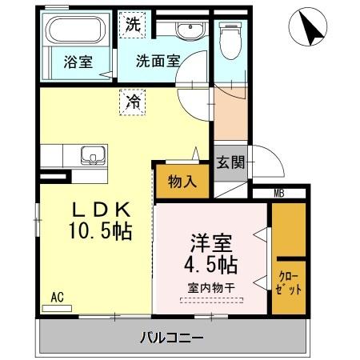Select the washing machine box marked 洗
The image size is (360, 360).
click(x=132, y=24)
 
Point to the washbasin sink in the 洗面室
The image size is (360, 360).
click(x=190, y=31)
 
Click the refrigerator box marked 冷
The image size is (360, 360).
click(x=132, y=102)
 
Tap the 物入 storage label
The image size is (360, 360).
click(x=182, y=181)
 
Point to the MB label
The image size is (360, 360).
click(x=279, y=193)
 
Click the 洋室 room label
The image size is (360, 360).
click(x=212, y=242)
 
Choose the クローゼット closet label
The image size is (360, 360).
click(x=290, y=282)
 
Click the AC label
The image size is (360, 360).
click(x=57, y=296)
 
